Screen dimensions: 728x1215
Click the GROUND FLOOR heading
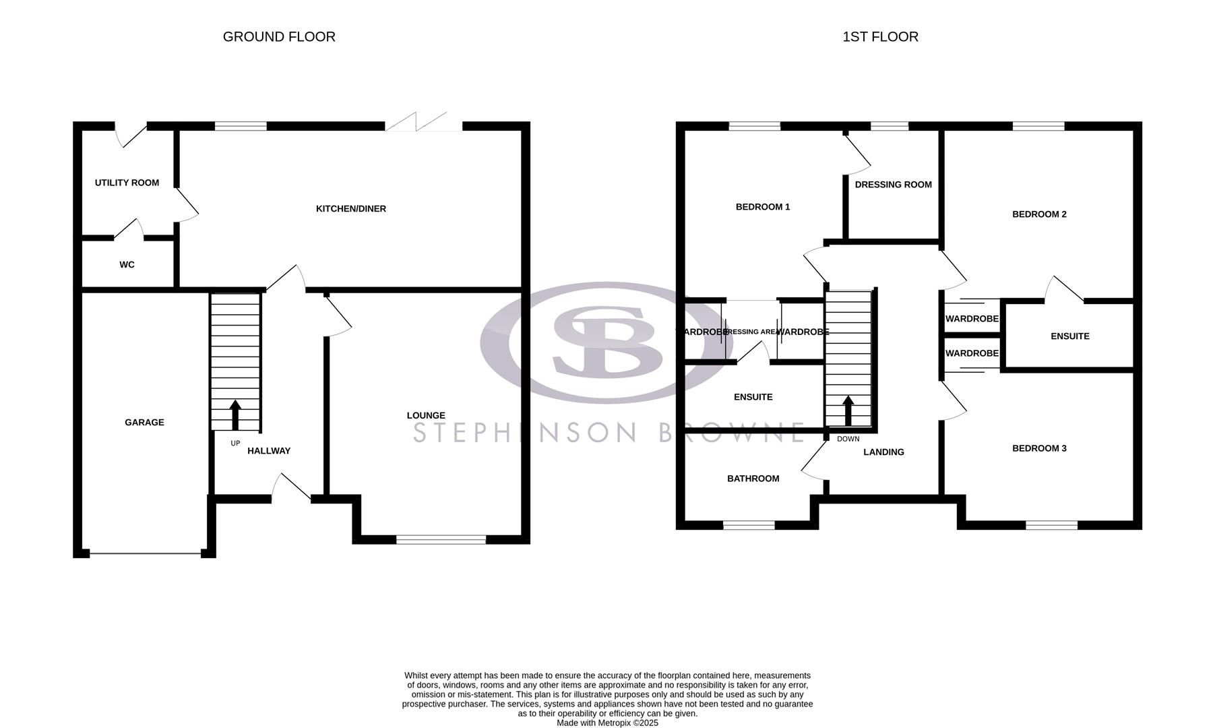pos(279,37)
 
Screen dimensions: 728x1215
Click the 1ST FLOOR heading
pos(880,37)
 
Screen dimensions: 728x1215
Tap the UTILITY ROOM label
pos(127,183)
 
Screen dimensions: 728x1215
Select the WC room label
pos(127,265)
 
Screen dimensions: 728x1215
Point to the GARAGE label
pos(144,423)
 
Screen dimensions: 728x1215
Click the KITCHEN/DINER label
pos(351,209)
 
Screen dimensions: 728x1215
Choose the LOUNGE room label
pos(426,416)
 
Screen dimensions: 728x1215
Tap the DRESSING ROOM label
pos(893,185)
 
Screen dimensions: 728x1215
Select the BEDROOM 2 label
pos(1039,214)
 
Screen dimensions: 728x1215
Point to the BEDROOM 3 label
pos(1039,448)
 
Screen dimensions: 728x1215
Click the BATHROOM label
pos(753,479)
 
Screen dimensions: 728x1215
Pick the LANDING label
pos(883,452)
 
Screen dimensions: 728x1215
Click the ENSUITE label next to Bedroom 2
pos(1069,336)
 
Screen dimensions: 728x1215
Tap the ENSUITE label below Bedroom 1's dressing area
pos(753,397)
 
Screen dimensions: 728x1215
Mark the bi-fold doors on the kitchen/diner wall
pos(423,123)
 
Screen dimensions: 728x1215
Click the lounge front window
pos(441,539)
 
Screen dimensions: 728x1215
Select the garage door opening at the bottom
pos(145,554)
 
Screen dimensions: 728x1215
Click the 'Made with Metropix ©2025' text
pos(607,723)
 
